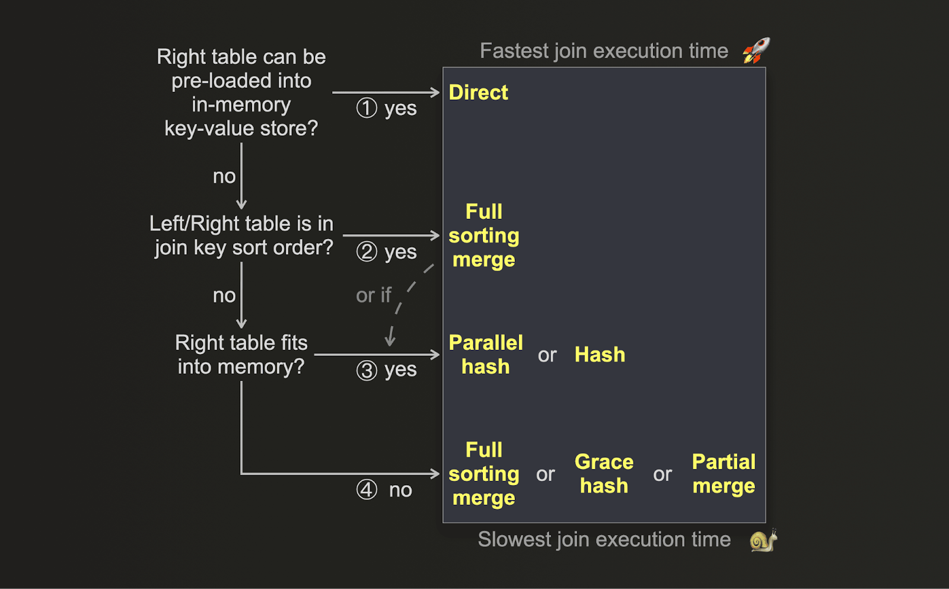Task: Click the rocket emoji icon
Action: [x=756, y=50]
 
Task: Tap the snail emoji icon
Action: [x=763, y=541]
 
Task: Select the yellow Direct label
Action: [x=478, y=93]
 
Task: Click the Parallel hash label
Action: [x=485, y=355]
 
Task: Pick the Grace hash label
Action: [x=604, y=474]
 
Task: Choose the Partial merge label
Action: [x=724, y=474]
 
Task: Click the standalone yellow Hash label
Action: [x=600, y=355]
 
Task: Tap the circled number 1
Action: [x=367, y=108]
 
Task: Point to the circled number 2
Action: [x=367, y=251]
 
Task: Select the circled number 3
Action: [x=367, y=371]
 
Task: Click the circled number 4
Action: [x=367, y=490]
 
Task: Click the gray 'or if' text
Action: [x=374, y=295]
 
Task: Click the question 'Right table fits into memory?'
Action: [x=241, y=355]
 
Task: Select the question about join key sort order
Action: [x=242, y=235]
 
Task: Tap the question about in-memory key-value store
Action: [x=241, y=93]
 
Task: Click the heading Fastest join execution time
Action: [x=604, y=51]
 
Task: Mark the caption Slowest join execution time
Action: [x=604, y=540]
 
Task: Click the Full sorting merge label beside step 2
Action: [x=484, y=235]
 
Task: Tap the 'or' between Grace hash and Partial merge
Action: [x=663, y=475]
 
